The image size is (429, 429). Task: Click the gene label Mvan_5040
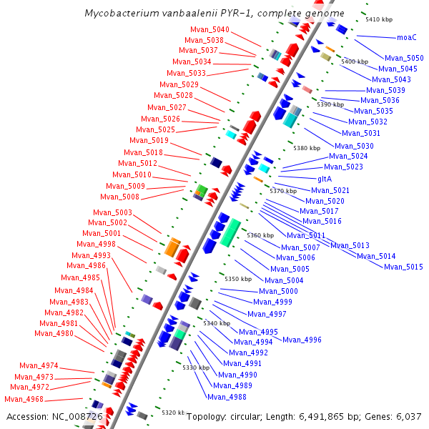pyautogui.click(x=209, y=30)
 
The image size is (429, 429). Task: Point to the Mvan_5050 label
pyautogui.click(x=404, y=58)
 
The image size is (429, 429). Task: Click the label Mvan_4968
pyautogui.click(x=24, y=400)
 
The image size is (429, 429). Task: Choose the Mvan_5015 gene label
pyautogui.click(x=403, y=267)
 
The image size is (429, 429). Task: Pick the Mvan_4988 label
pyautogui.click(x=227, y=398)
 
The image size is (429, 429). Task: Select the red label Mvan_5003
pyautogui.click(x=113, y=213)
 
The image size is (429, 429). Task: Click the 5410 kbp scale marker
pyautogui.click(x=379, y=19)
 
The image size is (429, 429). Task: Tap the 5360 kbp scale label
pyautogui.click(x=260, y=235)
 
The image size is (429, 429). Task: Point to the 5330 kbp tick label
pyautogui.click(x=195, y=368)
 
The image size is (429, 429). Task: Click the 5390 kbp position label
pyautogui.click(x=330, y=104)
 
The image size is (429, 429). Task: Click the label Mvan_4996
pyautogui.click(x=302, y=340)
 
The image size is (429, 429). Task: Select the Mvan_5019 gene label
pyautogui.click(x=150, y=141)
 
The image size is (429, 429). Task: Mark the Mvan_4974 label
pyautogui.click(x=39, y=366)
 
